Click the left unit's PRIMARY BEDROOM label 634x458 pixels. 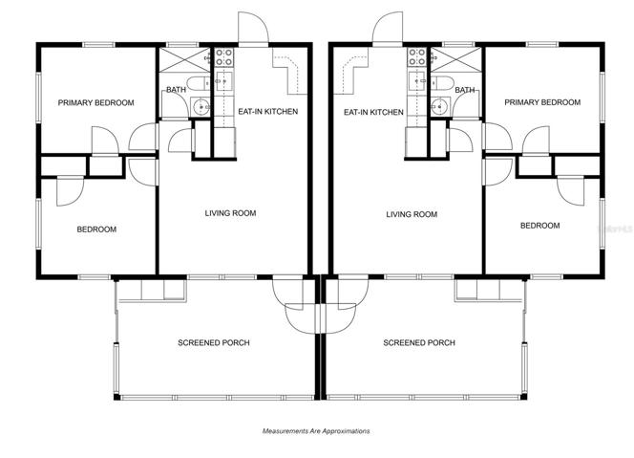point(95,103)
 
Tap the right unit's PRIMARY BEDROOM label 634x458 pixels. point(542,102)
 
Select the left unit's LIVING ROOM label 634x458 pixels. point(230,213)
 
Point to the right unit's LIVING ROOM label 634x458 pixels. point(412,214)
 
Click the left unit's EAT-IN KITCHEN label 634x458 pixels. point(267,111)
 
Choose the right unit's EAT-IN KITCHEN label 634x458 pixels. point(373,112)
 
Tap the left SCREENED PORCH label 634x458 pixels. point(214,343)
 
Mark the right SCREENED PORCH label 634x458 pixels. point(419,343)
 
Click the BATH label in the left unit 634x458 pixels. point(177,90)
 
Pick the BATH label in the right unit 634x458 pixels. point(465,90)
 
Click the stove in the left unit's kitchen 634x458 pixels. point(223,57)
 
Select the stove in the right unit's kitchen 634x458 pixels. point(417,57)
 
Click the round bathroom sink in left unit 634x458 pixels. point(201,107)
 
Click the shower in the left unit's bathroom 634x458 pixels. point(184,60)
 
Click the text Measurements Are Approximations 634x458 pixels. point(316,431)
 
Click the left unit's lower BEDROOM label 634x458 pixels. point(96,229)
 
